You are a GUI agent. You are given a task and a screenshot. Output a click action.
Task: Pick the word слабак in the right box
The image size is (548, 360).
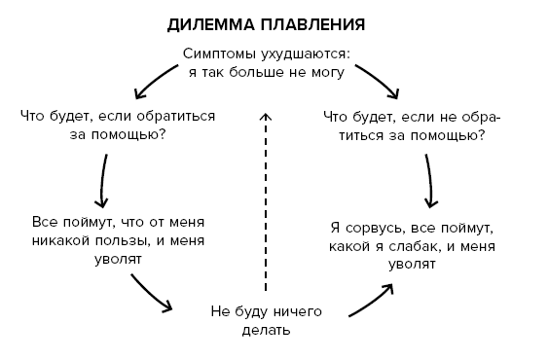425,245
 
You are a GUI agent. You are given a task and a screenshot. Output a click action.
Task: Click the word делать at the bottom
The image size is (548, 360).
265,330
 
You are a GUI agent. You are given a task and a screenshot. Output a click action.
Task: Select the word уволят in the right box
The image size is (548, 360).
412,264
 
